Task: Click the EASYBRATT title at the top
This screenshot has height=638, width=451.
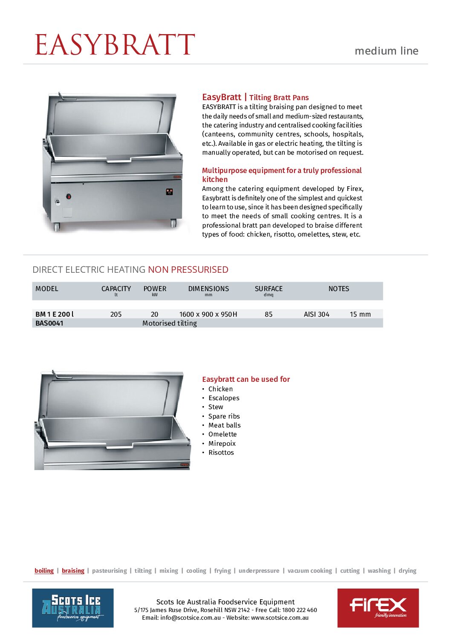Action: tap(115, 45)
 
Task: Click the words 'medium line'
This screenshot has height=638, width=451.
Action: tap(386, 51)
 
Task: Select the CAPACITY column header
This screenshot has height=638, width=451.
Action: tap(116, 289)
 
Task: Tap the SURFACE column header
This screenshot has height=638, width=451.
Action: tap(269, 289)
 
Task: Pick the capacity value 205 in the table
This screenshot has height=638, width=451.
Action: tap(116, 315)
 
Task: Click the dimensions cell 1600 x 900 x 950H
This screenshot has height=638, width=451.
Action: tap(208, 315)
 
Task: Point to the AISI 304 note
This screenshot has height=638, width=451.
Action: tap(316, 315)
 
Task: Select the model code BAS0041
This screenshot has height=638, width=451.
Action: tap(49, 323)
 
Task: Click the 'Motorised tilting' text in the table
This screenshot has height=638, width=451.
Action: tap(169, 323)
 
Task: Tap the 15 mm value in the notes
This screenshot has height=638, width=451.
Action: tap(360, 315)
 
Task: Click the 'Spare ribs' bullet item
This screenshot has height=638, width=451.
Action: tap(224, 416)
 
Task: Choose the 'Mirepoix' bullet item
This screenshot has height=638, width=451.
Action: tap(222, 444)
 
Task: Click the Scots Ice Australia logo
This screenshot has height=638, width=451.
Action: tap(73, 608)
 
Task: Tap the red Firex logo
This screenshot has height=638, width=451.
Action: tap(378, 608)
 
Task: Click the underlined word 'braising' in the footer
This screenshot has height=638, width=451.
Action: tap(73, 571)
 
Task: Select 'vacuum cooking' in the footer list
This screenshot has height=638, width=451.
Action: tap(309, 571)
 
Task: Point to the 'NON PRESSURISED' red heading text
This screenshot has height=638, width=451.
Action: tap(188, 270)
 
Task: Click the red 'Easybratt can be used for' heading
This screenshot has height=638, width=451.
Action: tap(246, 379)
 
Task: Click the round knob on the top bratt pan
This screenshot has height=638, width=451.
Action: tap(68, 196)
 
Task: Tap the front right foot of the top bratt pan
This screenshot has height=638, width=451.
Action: tap(173, 223)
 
